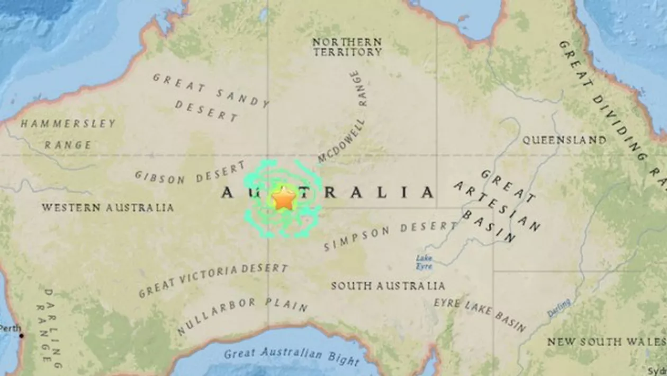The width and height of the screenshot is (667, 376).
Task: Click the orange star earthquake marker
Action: coord(284,199)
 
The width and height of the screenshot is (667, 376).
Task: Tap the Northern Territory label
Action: coord(347,47)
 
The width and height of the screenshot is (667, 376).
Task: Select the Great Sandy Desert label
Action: coord(209,97)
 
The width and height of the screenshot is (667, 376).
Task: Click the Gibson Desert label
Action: coord(190,172)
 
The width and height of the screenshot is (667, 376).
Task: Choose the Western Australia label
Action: coord(107,207)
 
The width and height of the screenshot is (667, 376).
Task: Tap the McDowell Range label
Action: coord(344,119)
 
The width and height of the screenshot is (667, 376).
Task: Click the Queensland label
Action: coord(564,140)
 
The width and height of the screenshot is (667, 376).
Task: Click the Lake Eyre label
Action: coord(423,262)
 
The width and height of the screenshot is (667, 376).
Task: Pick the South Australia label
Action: coord(388,286)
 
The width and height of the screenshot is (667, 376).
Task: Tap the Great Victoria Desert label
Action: coord(213,279)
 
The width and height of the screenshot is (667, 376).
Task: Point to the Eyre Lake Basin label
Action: coord(480,314)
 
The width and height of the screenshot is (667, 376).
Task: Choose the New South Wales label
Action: coord(606,342)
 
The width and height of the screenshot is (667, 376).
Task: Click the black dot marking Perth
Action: coord(22,335)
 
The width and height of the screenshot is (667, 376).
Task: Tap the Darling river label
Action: coord(559,308)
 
